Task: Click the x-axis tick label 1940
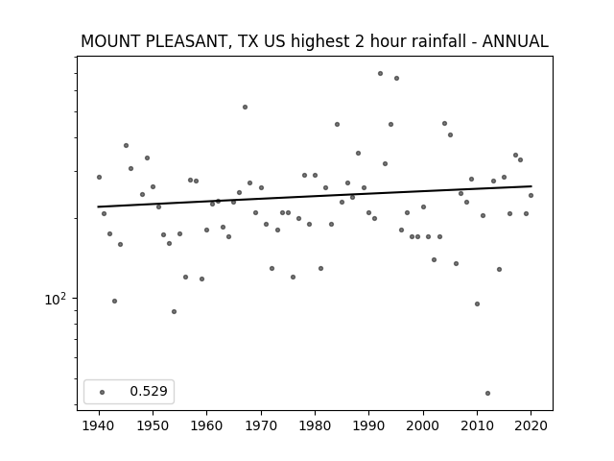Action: click(99, 425)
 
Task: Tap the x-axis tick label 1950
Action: click(153, 425)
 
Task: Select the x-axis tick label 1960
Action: click(207, 425)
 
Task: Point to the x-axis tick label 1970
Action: click(261, 425)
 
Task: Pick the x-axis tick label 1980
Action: click(315, 425)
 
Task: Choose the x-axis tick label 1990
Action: click(368, 425)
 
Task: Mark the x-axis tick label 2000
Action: click(423, 425)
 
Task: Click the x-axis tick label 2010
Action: click(477, 425)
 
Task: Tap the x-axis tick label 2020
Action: click(531, 425)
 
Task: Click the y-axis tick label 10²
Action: click(56, 299)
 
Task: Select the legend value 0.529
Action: click(149, 391)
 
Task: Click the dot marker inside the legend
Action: click(103, 392)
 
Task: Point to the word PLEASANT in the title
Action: click(186, 41)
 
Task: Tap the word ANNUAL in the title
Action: click(515, 41)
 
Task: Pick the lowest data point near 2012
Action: click(487, 393)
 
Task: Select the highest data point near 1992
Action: click(380, 74)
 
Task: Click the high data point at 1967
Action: click(246, 107)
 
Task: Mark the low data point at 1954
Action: click(175, 311)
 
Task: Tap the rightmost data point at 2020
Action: click(531, 195)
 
